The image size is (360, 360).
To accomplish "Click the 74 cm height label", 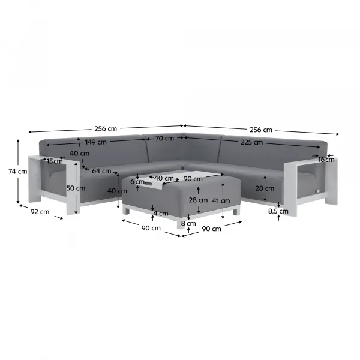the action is (17, 172).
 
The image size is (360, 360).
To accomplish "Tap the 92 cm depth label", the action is (40, 212).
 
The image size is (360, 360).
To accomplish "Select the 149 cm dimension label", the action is (96, 142).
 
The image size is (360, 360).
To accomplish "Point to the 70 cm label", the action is (164, 139).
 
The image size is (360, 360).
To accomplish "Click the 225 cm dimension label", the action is (251, 142).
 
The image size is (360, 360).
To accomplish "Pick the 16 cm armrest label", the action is (326, 160).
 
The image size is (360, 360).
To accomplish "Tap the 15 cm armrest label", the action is (55, 161).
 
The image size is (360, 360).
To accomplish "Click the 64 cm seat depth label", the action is (101, 171).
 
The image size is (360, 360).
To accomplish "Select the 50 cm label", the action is (76, 188).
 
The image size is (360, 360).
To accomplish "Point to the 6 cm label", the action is (137, 182).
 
